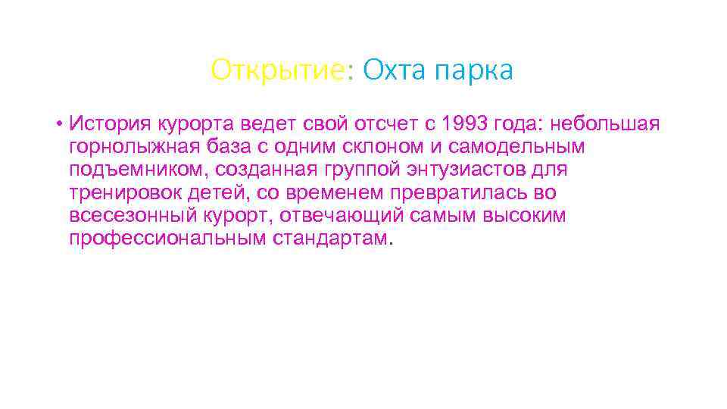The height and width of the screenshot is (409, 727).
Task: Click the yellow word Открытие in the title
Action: click(x=278, y=70)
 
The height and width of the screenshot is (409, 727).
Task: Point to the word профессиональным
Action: click(x=167, y=239)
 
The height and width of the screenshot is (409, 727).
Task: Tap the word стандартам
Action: click(x=332, y=239)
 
